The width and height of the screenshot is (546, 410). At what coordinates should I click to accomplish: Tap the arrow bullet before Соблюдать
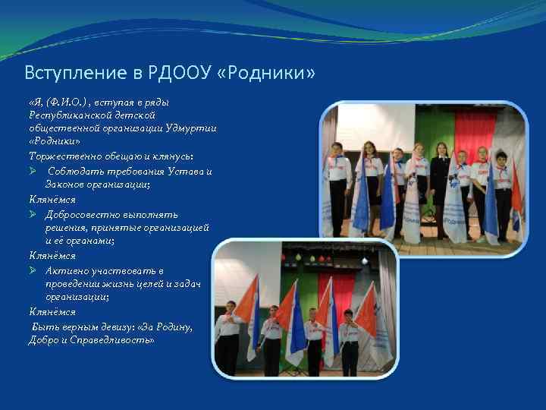coord(33,170)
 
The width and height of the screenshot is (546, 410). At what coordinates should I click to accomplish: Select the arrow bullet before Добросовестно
coord(33,213)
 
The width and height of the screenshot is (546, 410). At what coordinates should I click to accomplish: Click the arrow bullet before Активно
coord(33,270)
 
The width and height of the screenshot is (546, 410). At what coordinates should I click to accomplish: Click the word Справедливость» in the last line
coord(115,340)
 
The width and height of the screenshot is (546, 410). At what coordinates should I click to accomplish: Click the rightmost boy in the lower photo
coord(350,342)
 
